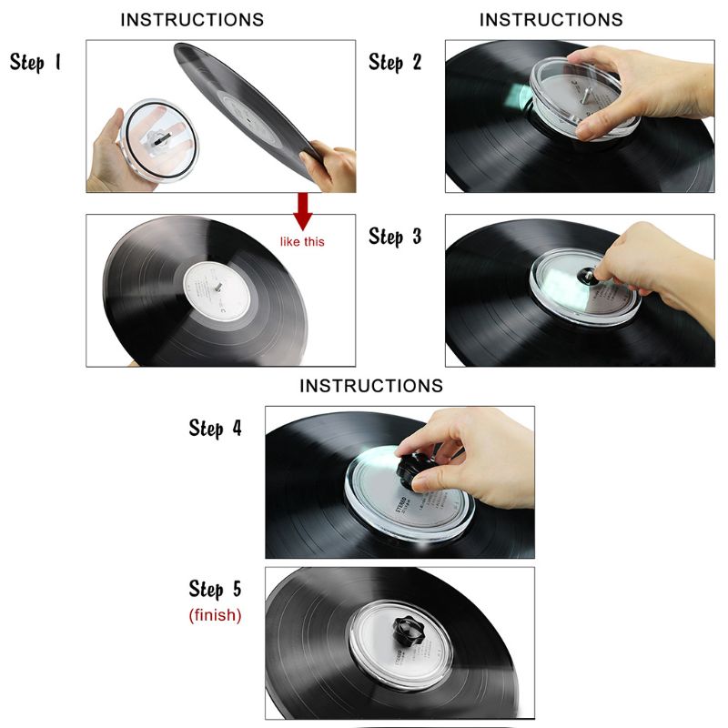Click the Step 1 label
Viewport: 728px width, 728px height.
point(35,62)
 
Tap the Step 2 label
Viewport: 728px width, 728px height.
point(395,62)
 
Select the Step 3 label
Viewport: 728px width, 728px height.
point(395,237)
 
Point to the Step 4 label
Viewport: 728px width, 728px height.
point(216,428)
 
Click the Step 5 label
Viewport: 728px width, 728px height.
point(216,589)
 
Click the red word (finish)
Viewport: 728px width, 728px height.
point(216,615)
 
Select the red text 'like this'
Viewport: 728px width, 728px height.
point(303,241)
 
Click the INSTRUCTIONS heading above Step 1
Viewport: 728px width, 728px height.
point(192,19)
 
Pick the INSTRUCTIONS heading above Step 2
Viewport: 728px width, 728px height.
point(551,19)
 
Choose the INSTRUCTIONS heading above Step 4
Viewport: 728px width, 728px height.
point(371,386)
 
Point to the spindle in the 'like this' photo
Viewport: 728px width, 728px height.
point(218,286)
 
